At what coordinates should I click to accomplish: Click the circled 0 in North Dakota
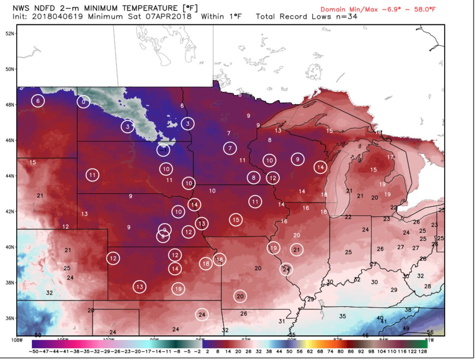(83, 102)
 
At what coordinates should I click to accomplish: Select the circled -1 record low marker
(163, 150)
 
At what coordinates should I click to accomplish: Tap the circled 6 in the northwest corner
(38, 101)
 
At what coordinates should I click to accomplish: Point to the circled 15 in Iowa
(236, 219)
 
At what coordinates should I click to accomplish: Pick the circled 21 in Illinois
(297, 249)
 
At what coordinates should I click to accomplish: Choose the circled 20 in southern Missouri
(240, 296)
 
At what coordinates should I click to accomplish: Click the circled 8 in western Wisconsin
(253, 178)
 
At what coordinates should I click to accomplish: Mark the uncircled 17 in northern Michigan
(390, 157)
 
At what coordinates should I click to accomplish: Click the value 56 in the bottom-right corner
(430, 332)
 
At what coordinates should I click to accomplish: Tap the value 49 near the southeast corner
(406, 328)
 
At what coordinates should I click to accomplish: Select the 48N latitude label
(10, 105)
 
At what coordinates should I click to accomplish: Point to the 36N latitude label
(10, 318)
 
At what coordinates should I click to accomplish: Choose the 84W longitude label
(383, 339)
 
